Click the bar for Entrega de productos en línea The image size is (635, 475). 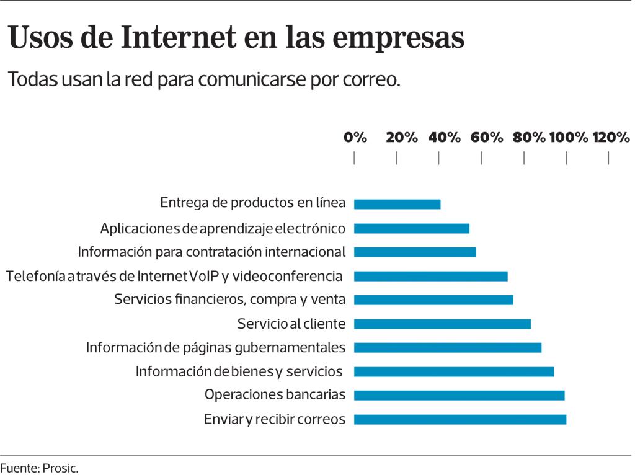[397, 204]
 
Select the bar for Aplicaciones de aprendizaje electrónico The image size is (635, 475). [411, 228]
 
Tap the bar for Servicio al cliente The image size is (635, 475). [442, 324]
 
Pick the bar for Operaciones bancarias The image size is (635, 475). [459, 395]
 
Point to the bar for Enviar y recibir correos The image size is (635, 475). [460, 419]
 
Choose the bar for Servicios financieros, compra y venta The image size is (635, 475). [433, 300]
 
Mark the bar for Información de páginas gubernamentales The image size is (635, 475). [447, 347]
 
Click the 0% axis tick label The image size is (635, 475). [355, 138]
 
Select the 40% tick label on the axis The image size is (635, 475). [444, 138]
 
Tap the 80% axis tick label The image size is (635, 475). [529, 138]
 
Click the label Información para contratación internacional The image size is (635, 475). [211, 252]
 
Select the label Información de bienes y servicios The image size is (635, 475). [239, 371]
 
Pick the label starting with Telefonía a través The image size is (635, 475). [174, 276]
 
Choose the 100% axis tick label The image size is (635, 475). [569, 138]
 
